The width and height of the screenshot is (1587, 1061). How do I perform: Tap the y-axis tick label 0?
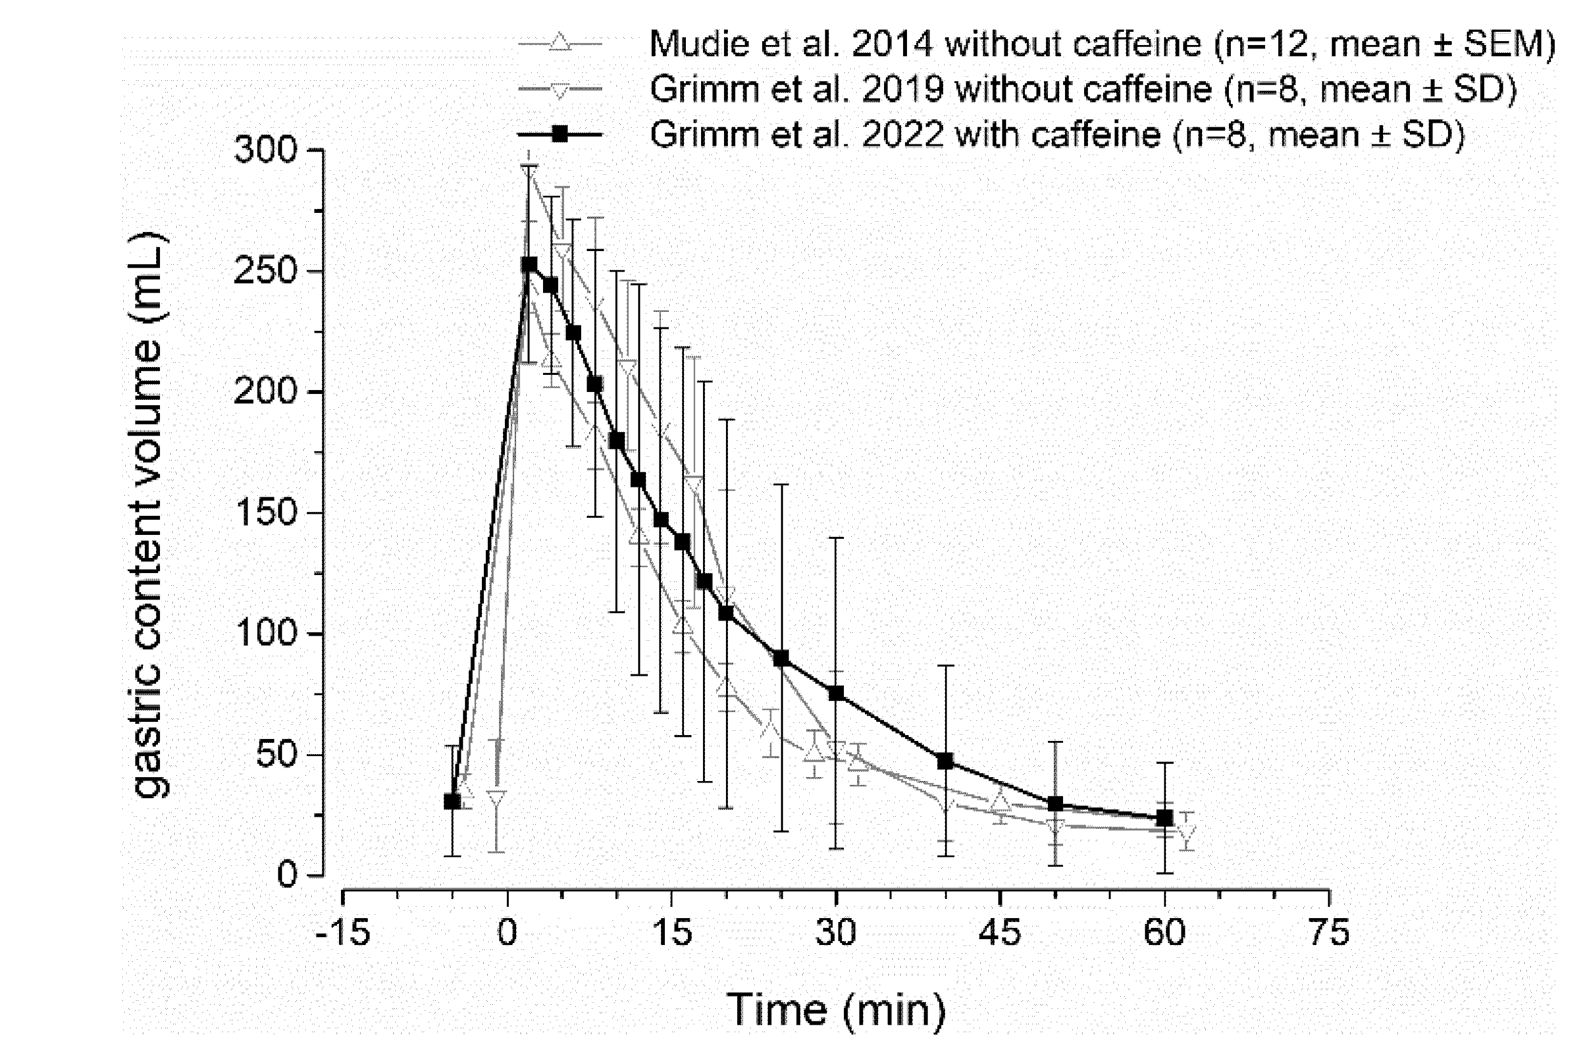tap(287, 876)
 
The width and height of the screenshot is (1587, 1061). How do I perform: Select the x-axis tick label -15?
tap(343, 932)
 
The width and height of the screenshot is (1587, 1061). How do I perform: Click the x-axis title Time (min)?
tap(836, 1010)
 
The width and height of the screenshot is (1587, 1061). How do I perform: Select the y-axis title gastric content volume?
tap(147, 514)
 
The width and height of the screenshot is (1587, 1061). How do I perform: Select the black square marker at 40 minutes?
tap(946, 761)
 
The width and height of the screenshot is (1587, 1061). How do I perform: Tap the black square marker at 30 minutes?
tap(836, 693)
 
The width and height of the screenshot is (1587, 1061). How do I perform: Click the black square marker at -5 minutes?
tap(453, 801)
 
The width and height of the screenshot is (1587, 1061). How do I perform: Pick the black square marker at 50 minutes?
tap(1055, 804)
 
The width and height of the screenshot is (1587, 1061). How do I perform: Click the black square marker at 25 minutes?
tap(781, 658)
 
